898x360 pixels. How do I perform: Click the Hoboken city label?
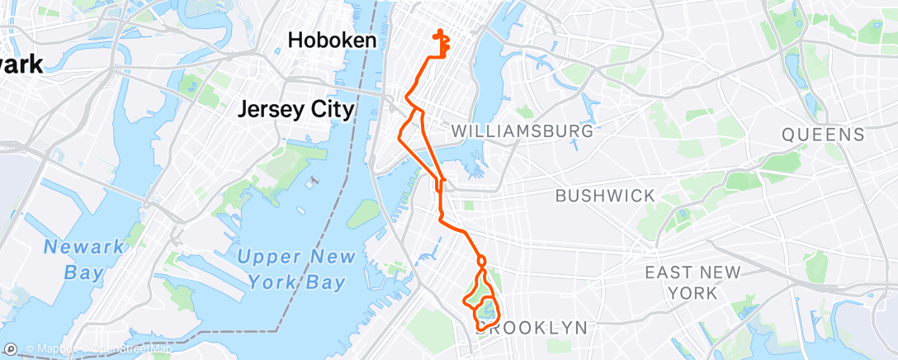pyautogui.click(x=332, y=40)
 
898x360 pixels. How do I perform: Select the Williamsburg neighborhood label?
pyautogui.click(x=522, y=131)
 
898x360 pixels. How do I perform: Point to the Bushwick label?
pyautogui.click(x=605, y=197)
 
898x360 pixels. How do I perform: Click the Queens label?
pyautogui.click(x=823, y=135)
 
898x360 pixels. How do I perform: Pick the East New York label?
pyautogui.click(x=692, y=282)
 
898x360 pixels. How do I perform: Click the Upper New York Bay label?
pyautogui.click(x=290, y=270)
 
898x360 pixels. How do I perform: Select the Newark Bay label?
pyautogui.click(x=84, y=259)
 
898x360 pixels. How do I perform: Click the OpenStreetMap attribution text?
pyautogui.click(x=132, y=349)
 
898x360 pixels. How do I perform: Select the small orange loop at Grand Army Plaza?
pyautogui.click(x=481, y=261)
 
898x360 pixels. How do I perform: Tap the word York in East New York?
pyautogui.click(x=692, y=293)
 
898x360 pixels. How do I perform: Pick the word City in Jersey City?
pyautogui.click(x=330, y=110)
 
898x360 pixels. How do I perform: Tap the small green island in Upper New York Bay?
pyautogui.click(x=363, y=215)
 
